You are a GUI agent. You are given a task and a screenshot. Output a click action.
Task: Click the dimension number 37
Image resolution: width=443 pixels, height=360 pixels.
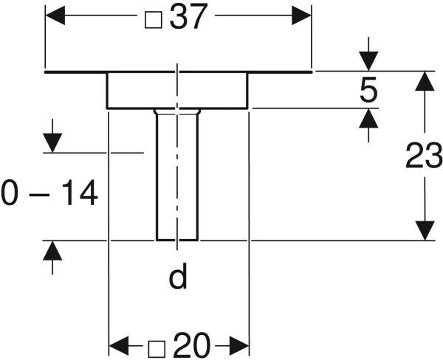click(x=188, y=18)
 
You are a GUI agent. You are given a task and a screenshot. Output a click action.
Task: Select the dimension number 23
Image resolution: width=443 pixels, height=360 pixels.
click(x=424, y=156)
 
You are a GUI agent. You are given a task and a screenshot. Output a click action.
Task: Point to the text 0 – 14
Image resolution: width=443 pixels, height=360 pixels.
click(x=49, y=195)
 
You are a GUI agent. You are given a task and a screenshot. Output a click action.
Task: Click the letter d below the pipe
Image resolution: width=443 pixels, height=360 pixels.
click(x=177, y=278)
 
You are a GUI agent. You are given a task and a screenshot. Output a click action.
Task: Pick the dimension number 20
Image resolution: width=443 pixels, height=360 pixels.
click(x=193, y=345)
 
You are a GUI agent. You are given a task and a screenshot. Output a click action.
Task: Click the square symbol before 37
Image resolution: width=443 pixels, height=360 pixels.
click(x=153, y=19)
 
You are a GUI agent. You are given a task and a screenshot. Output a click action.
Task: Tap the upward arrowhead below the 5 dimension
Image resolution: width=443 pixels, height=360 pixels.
click(x=368, y=118)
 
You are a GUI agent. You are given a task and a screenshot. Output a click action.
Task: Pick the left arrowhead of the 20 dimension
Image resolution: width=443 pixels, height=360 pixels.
click(x=119, y=345)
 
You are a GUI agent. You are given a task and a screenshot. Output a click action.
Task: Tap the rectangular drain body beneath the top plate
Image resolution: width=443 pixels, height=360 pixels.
click(x=177, y=90)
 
